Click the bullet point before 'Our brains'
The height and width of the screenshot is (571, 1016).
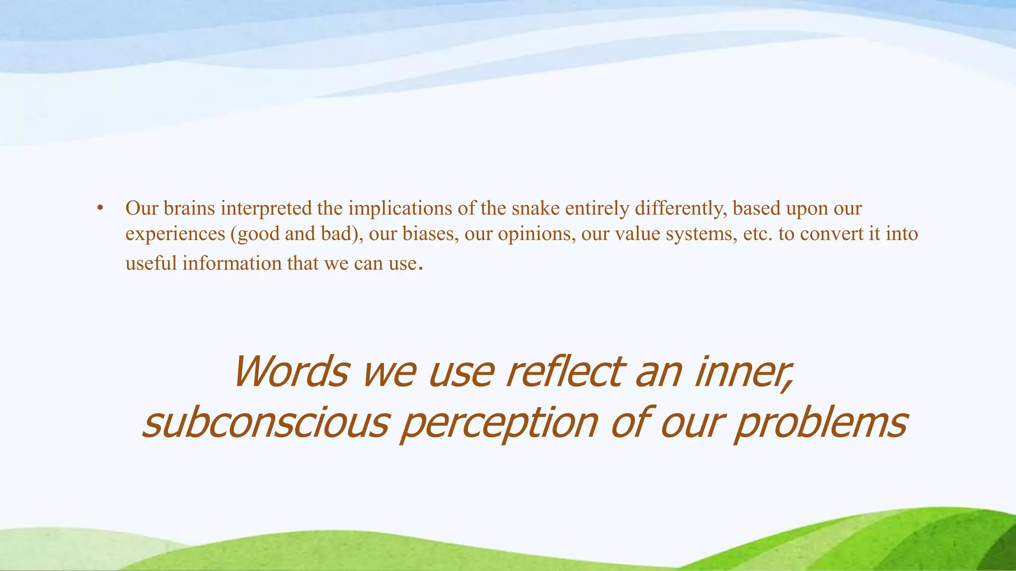pos(100,209)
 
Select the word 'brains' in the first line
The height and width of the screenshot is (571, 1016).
pos(189,209)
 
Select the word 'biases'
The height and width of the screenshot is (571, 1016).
pos(430,233)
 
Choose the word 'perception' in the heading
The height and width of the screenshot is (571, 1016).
pos(499,424)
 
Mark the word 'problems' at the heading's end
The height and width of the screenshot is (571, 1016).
pos(821,424)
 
